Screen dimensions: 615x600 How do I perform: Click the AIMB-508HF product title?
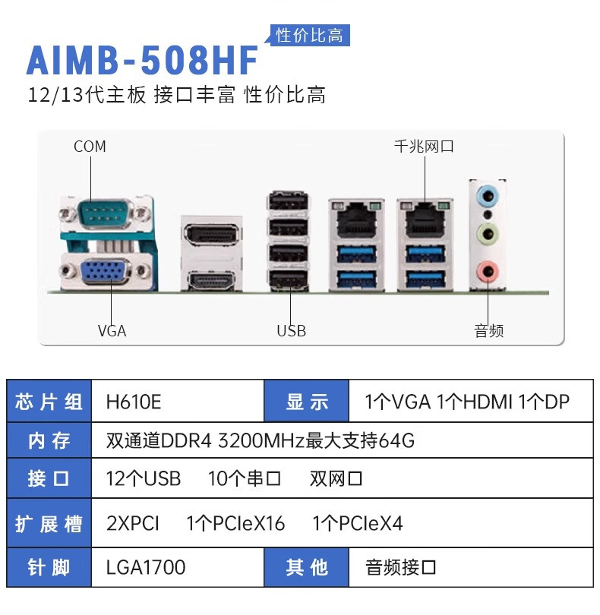pyautogui.click(x=142, y=60)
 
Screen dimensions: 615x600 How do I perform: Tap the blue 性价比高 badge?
pyautogui.click(x=309, y=35)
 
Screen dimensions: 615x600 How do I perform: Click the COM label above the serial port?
pyautogui.click(x=90, y=147)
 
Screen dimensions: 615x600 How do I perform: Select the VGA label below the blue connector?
pyautogui.click(x=112, y=331)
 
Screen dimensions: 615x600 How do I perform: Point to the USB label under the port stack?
pyautogui.click(x=291, y=331)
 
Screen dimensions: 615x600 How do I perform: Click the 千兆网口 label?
pyautogui.click(x=424, y=147)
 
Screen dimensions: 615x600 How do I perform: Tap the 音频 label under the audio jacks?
pyautogui.click(x=489, y=331)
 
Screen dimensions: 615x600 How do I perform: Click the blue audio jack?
pyautogui.click(x=487, y=196)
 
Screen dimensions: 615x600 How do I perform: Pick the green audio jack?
pyautogui.click(x=487, y=232)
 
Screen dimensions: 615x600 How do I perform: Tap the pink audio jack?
pyautogui.click(x=487, y=270)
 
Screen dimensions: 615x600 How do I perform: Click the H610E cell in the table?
pyautogui.click(x=134, y=402)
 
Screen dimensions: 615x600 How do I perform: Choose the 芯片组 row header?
pyautogui.click(x=49, y=402)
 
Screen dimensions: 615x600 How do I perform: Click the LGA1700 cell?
pyautogui.click(x=146, y=566)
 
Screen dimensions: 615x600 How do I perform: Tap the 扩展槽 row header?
pyautogui.click(x=49, y=523)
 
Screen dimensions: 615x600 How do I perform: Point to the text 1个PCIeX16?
pyautogui.click(x=236, y=523)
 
